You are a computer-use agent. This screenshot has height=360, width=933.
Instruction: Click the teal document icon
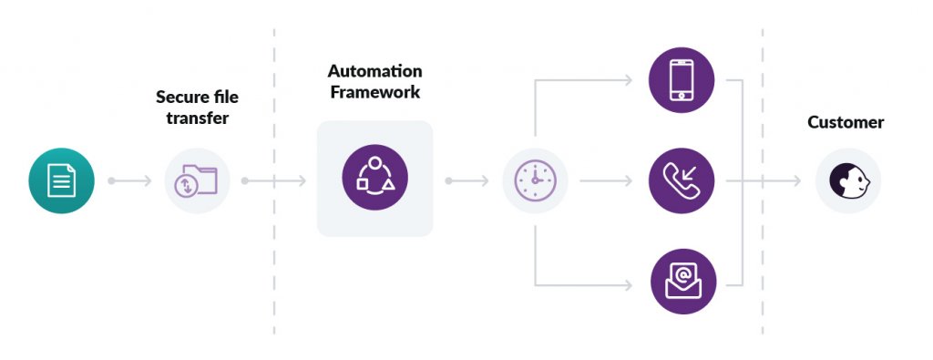[x=61, y=180]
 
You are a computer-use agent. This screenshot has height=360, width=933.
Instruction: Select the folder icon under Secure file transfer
[x=197, y=180]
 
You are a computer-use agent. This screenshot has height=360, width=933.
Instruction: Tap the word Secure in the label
[x=180, y=98]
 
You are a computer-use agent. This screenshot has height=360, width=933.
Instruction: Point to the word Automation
[x=374, y=71]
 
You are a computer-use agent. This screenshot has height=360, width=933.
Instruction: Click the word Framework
[x=374, y=91]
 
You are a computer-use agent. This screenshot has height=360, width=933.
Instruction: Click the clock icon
[x=535, y=180]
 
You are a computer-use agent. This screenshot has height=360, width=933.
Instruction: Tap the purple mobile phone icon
[x=682, y=80]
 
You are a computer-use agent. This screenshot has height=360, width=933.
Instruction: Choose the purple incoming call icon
[x=682, y=180]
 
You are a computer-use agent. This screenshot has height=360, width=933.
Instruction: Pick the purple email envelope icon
[x=682, y=282]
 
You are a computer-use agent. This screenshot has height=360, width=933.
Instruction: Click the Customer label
[x=846, y=122]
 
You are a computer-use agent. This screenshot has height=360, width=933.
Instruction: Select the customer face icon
[x=847, y=181]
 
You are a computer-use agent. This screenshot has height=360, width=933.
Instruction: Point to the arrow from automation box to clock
[x=468, y=180]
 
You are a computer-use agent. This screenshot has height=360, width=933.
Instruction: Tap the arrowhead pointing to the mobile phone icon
[x=628, y=80]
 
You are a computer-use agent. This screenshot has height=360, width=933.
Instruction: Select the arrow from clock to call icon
[x=606, y=180]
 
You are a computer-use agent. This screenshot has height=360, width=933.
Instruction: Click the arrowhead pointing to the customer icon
[x=795, y=180]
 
